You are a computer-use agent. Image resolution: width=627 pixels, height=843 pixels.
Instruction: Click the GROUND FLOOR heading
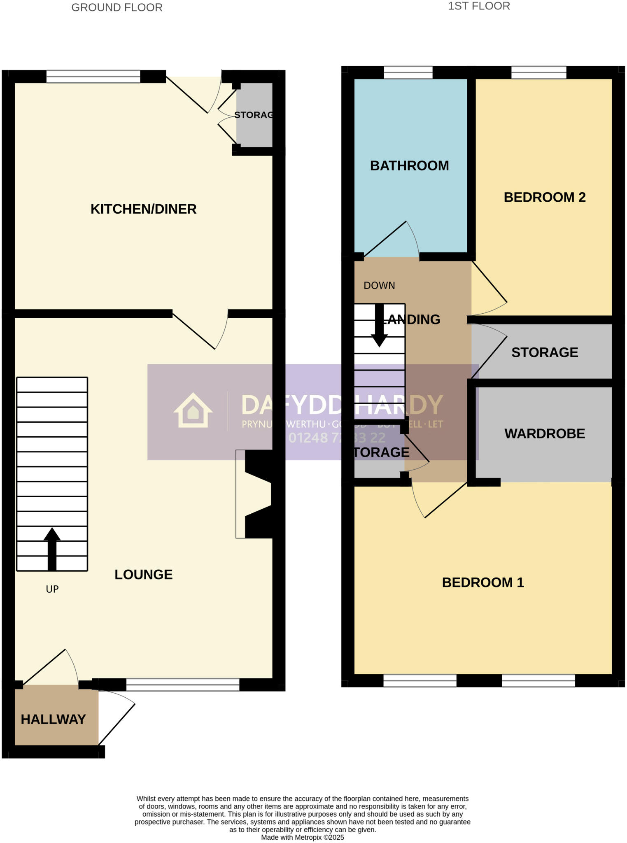[117, 7]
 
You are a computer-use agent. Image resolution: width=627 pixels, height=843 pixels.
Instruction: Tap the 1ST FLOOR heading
[479, 6]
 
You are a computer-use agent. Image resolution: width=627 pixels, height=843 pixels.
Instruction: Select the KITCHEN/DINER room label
[143, 209]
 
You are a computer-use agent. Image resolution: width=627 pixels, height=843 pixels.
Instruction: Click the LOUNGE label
[143, 574]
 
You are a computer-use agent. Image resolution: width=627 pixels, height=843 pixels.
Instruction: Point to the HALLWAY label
[53, 719]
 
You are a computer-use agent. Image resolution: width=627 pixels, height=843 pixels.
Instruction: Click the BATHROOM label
[409, 165]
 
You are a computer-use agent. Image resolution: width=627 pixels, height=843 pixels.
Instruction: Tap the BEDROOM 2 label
[544, 197]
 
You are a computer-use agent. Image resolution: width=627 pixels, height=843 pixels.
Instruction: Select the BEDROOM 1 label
[482, 582]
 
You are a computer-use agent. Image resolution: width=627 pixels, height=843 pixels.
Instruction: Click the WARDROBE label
[544, 433]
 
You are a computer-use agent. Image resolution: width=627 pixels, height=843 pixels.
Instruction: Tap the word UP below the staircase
[52, 589]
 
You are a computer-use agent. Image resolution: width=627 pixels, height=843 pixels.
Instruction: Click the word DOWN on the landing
[379, 285]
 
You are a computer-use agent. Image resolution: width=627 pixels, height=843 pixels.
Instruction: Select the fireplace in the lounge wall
[255, 494]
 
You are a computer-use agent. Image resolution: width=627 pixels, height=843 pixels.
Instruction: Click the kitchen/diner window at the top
[93, 76]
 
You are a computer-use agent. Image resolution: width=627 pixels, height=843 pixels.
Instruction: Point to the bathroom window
[408, 72]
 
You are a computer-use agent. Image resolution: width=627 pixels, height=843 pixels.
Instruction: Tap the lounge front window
[182, 685]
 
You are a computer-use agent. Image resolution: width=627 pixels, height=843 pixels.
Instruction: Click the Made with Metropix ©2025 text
[302, 837]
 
